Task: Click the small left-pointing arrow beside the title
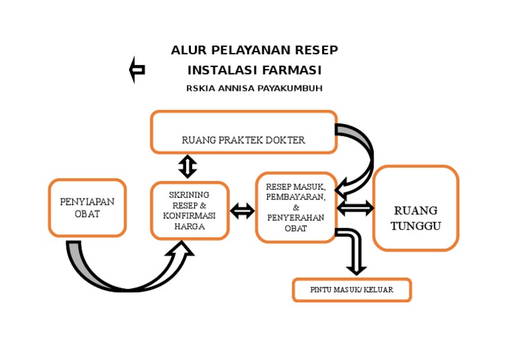(x=137, y=70)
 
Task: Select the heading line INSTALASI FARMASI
(x=254, y=70)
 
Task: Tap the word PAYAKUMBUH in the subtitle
(x=290, y=88)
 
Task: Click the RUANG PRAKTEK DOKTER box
(x=243, y=131)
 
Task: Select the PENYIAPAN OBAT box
(x=87, y=208)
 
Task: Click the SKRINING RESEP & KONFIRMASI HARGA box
(x=190, y=210)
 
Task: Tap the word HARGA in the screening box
(x=190, y=227)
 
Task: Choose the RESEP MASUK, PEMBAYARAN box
(x=296, y=208)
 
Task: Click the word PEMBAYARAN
(x=296, y=198)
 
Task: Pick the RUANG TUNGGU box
(x=416, y=208)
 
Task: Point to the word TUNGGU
(x=416, y=225)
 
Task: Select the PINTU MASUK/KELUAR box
(x=352, y=290)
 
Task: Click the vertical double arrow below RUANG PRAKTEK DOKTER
(x=188, y=166)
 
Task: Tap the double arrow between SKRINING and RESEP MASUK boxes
(x=242, y=211)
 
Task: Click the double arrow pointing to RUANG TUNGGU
(x=355, y=208)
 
